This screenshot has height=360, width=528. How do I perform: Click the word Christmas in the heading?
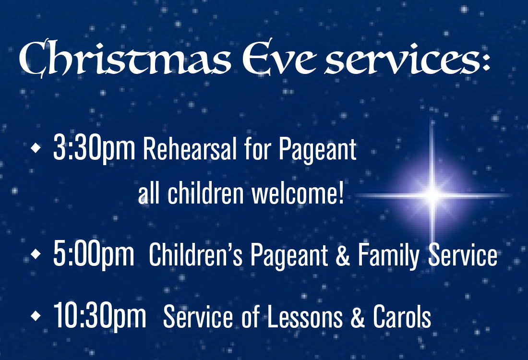[x=125, y=58]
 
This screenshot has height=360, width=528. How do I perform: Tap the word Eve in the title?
[x=279, y=58]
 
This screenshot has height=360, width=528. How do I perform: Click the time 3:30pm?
[x=94, y=148]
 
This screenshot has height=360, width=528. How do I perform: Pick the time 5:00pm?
[x=94, y=254]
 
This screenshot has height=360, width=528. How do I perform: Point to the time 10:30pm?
[x=100, y=316]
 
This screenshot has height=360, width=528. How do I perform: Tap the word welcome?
[x=298, y=193]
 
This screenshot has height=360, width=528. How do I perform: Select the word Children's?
[x=195, y=254]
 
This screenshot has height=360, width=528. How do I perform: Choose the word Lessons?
[x=305, y=316]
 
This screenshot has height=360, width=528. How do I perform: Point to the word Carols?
[x=402, y=316]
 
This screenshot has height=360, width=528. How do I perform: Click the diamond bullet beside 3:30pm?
[x=36, y=148]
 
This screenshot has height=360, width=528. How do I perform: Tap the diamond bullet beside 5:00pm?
[x=36, y=254]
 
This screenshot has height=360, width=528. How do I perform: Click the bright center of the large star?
[x=432, y=195]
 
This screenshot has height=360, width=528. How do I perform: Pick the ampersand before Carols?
[x=358, y=316]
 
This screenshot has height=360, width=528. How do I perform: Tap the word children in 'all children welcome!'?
[x=205, y=193]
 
